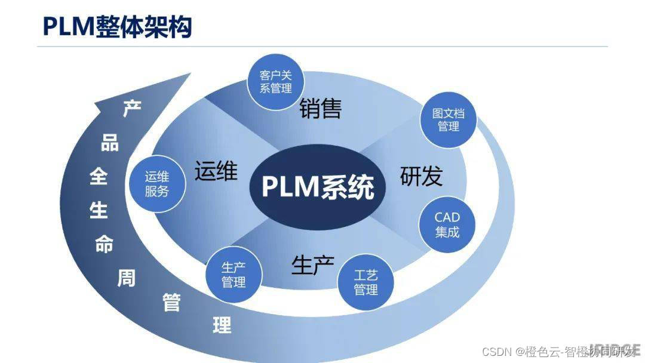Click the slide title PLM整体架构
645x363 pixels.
click(x=117, y=26)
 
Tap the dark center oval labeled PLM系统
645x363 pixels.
click(x=318, y=186)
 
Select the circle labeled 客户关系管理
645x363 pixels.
click(x=276, y=82)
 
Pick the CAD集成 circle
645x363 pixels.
click(x=447, y=224)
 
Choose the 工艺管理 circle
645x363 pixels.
click(x=365, y=282)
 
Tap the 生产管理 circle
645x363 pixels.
click(x=234, y=274)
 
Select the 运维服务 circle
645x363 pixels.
click(x=157, y=184)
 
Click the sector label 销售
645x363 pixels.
click(x=320, y=108)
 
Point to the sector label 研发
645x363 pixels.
click(x=421, y=176)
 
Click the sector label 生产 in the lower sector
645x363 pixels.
click(x=313, y=264)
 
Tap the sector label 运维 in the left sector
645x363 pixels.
click(x=216, y=171)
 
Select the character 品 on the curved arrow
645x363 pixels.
click(x=110, y=143)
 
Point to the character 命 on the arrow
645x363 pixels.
click(x=104, y=244)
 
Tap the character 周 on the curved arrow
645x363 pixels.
click(x=126, y=278)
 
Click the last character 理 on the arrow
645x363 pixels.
click(x=222, y=325)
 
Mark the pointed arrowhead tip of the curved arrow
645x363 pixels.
click(x=191, y=74)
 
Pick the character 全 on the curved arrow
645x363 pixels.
click(x=98, y=177)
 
